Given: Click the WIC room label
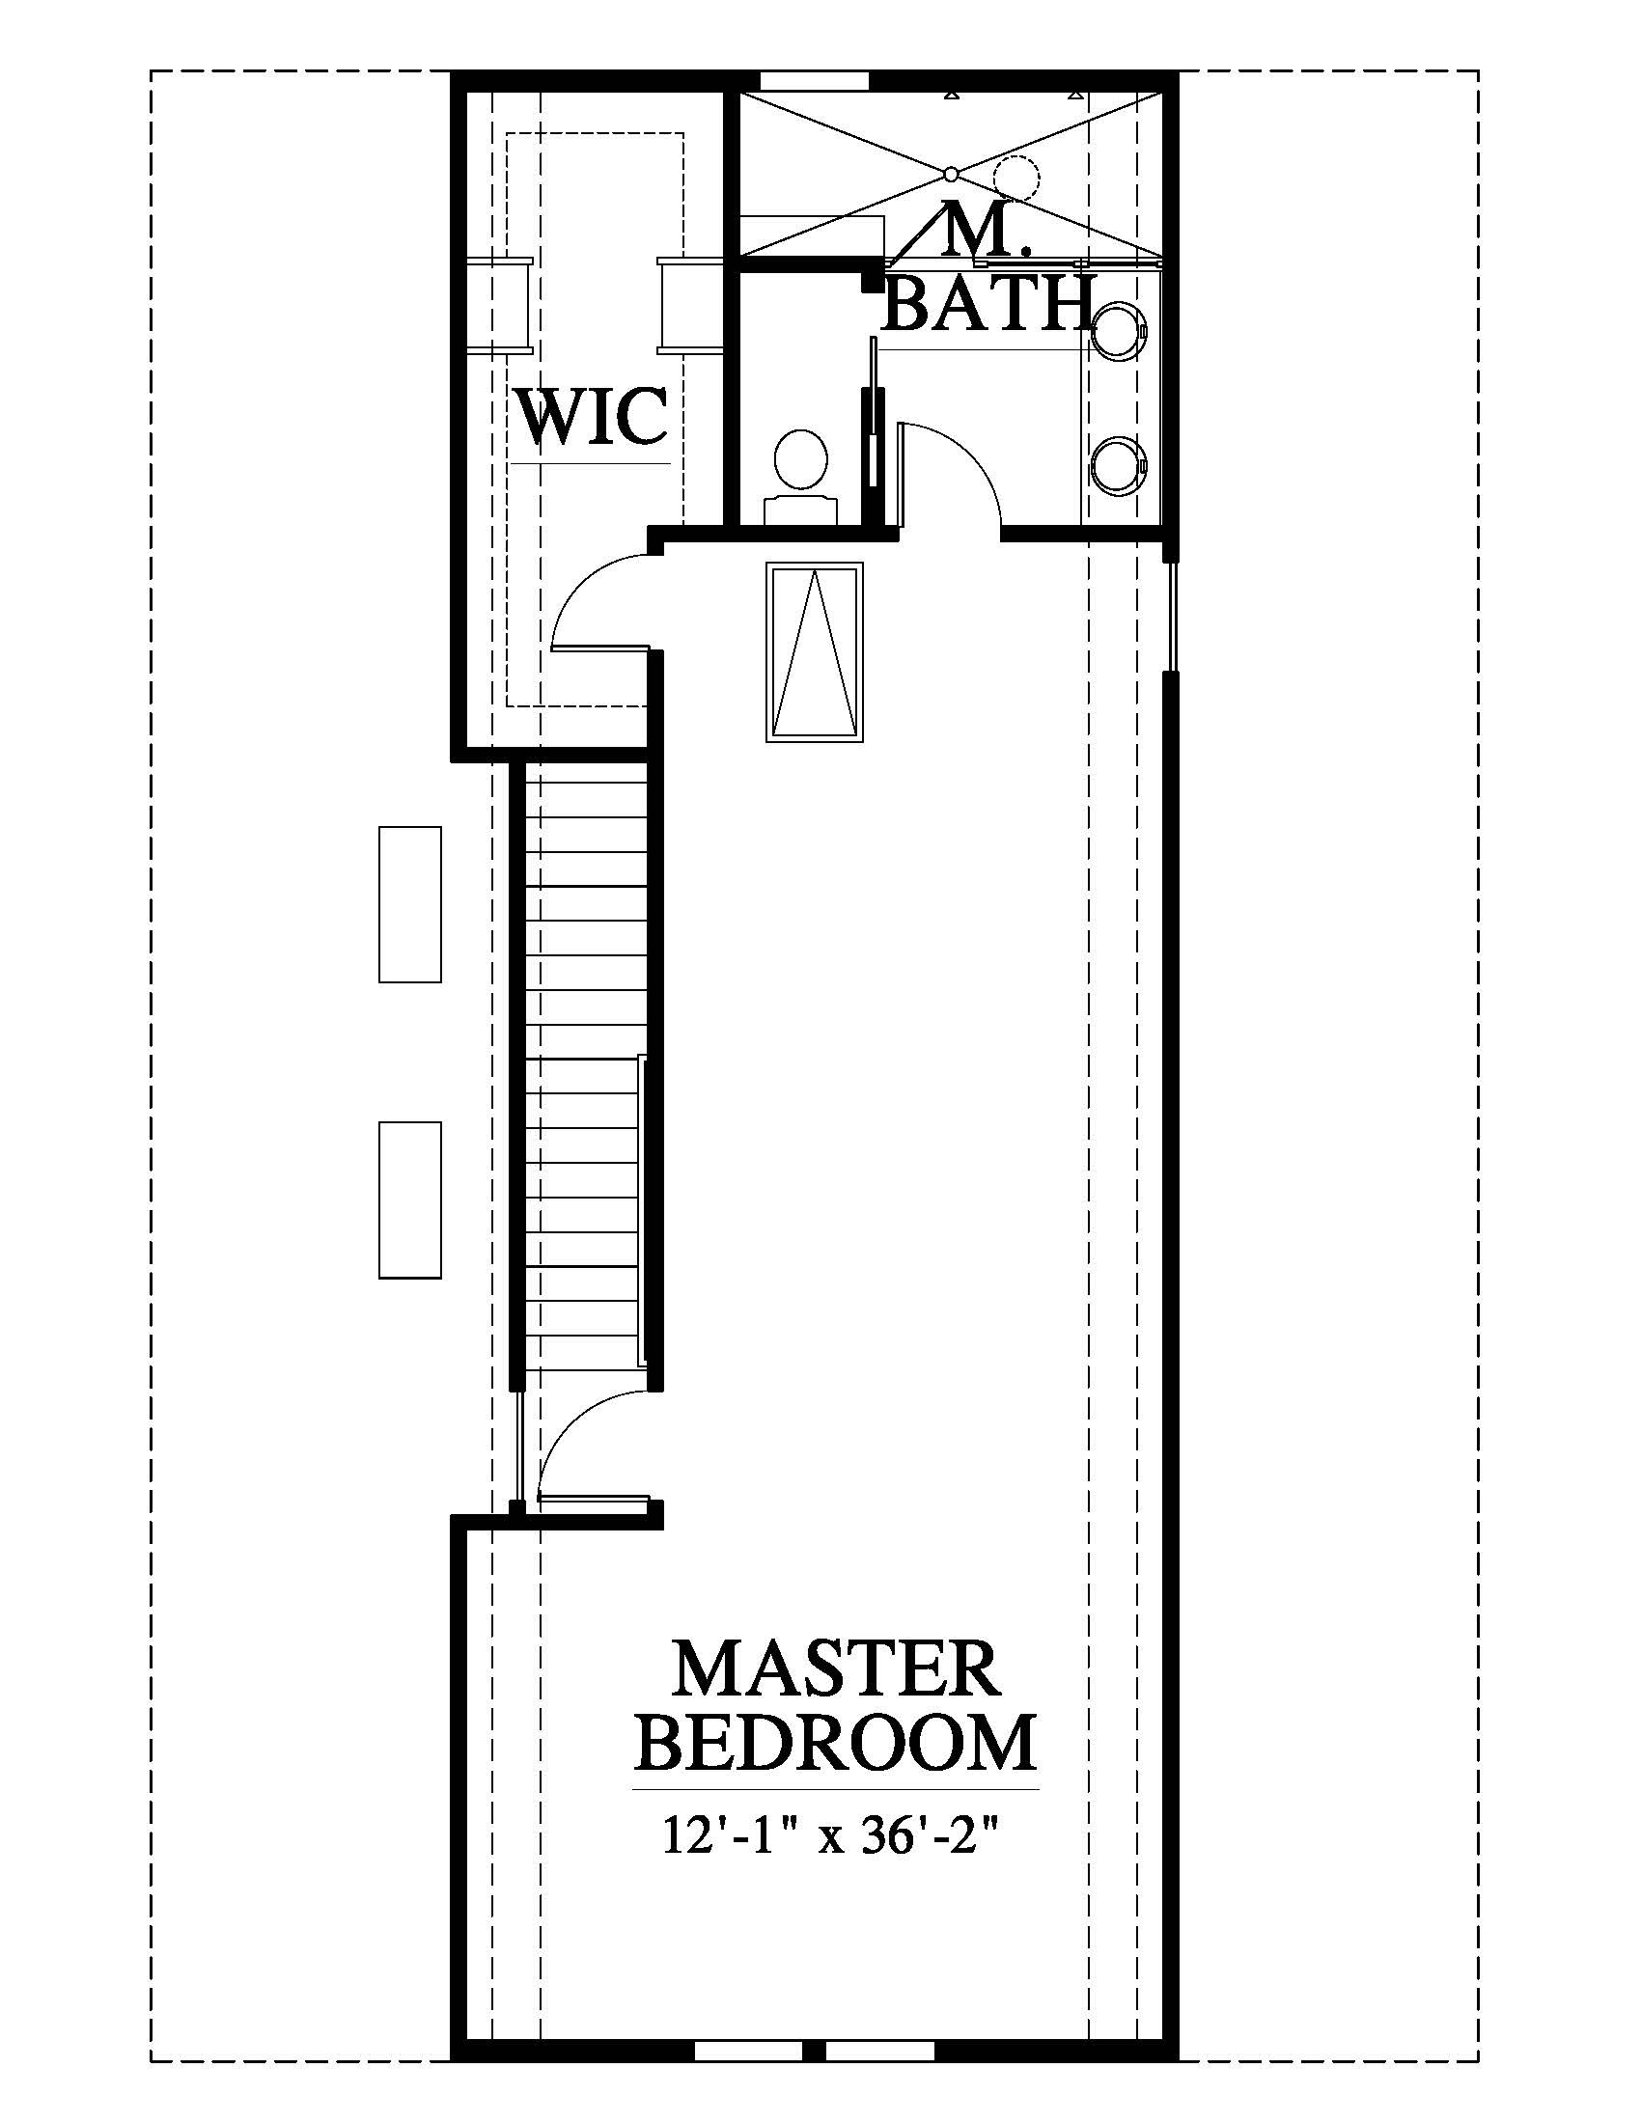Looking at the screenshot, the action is (593, 416).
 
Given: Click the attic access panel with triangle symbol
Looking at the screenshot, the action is (815, 652).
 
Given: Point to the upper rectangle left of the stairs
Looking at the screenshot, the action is (409, 904).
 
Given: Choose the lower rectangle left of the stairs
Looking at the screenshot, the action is (409, 1199).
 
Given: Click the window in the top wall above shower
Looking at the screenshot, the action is (815, 80).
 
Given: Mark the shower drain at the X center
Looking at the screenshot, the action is (950, 175).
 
